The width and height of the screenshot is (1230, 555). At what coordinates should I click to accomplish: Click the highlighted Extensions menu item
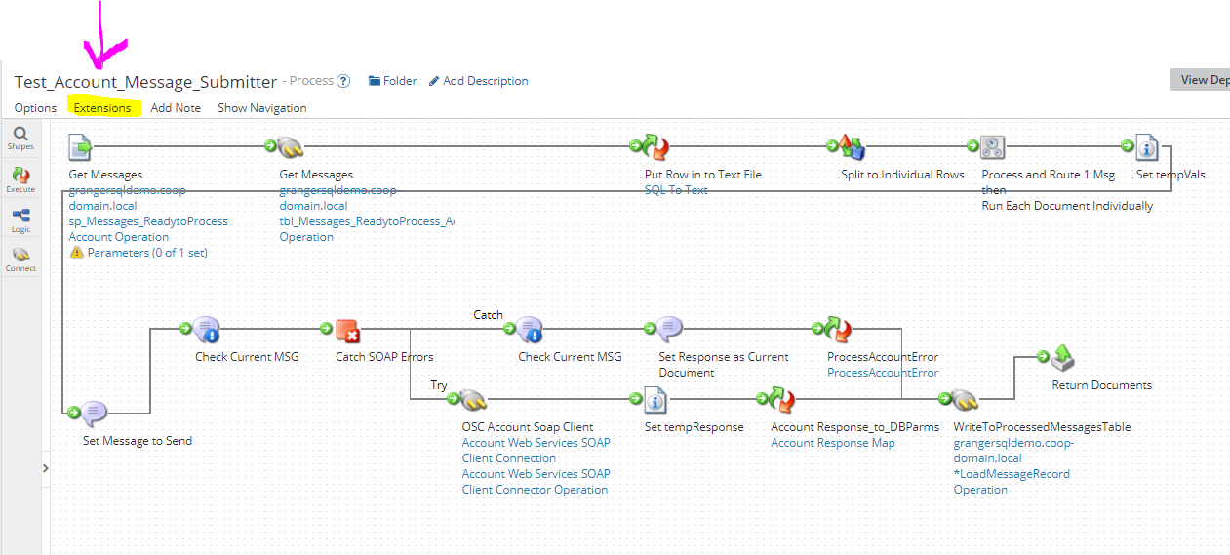tap(102, 108)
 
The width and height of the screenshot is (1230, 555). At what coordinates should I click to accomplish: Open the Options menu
tap(35, 108)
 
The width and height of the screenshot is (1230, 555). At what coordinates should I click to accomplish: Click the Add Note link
tap(176, 108)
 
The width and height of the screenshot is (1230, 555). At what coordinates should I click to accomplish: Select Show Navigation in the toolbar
tap(261, 108)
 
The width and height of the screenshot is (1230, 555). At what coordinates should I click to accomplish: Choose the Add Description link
tap(479, 81)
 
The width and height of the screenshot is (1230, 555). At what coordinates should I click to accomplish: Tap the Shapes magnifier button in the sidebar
tap(20, 138)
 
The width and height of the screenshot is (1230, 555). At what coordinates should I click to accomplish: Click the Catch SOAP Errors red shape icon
tap(348, 332)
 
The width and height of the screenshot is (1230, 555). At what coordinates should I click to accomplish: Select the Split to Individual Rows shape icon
tap(853, 148)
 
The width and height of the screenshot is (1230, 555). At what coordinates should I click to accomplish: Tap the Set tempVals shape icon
tap(1147, 148)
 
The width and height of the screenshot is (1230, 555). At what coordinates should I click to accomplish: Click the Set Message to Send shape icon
tap(93, 415)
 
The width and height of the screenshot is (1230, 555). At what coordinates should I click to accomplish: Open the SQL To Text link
tap(676, 190)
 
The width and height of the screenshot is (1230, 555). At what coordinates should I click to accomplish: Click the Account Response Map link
tap(832, 443)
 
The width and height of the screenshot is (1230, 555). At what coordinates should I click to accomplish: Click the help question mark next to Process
tap(343, 81)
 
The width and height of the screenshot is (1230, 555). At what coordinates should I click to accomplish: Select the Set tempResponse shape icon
tap(656, 401)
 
